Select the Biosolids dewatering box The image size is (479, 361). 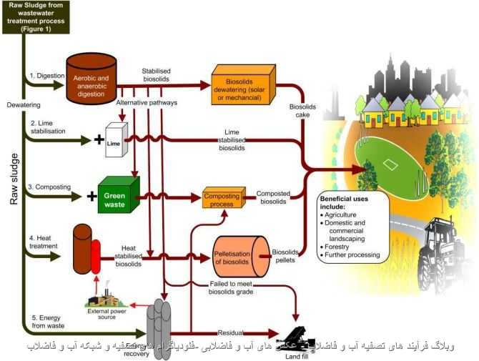pyautogui.click(x=244, y=84)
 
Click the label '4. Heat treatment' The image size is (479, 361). pyautogui.click(x=46, y=241)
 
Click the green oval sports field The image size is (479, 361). pyautogui.click(x=392, y=164)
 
